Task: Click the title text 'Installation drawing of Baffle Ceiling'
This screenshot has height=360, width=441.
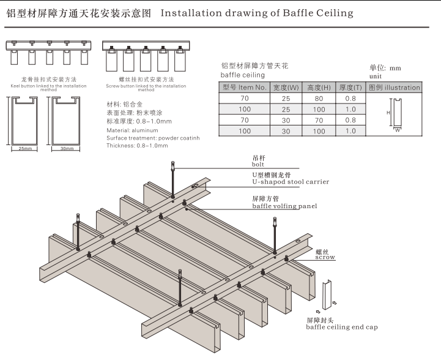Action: pyautogui.click(x=257, y=13)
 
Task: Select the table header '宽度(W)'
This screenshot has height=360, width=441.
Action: pyautogui.click(x=286, y=88)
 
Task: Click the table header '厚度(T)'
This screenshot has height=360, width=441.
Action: pyautogui.click(x=350, y=88)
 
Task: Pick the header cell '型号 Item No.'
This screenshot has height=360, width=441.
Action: pyautogui.click(x=245, y=88)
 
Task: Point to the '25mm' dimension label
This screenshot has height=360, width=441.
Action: pyautogui.click(x=24, y=149)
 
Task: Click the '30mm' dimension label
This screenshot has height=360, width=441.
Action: pyautogui.click(x=67, y=149)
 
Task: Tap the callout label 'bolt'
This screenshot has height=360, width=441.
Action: pyautogui.click(x=258, y=163)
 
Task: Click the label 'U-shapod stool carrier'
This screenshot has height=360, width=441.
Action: pyautogui.click(x=291, y=182)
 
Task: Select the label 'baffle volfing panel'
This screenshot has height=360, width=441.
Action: pyautogui.click(x=284, y=206)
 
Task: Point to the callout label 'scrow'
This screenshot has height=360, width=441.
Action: pyautogui.click(x=325, y=257)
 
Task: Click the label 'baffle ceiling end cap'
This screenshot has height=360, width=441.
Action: pyautogui.click(x=342, y=327)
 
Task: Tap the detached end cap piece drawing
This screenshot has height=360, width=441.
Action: pyautogui.click(x=326, y=293)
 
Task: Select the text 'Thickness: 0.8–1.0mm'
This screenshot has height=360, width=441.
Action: pyautogui.click(x=138, y=146)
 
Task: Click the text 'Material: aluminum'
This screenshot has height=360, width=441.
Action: pyautogui.click(x=132, y=130)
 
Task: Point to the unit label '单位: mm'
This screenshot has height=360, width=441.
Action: pyautogui.click(x=385, y=68)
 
